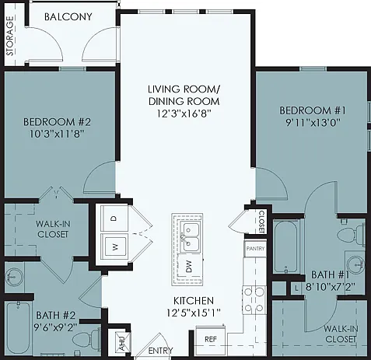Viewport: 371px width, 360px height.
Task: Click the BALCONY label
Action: tap(68, 17)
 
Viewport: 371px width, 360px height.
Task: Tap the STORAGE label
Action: tap(10, 36)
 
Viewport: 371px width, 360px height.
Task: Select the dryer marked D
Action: tap(114, 218)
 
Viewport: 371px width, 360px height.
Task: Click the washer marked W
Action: tap(114, 247)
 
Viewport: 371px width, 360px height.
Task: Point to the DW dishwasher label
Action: tap(190, 266)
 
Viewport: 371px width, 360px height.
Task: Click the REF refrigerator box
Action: tap(211, 339)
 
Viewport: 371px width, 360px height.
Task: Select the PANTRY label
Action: tap(255, 248)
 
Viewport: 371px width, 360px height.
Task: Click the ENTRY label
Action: tap(160, 351)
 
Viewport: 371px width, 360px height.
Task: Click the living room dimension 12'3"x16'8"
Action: tap(184, 114)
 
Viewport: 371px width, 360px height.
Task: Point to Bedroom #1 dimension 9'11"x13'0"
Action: tap(313, 122)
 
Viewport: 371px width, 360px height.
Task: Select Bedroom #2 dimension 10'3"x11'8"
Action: tap(57, 134)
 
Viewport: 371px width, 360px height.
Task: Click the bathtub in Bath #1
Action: tap(285, 246)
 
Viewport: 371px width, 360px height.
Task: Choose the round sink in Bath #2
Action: tap(14, 276)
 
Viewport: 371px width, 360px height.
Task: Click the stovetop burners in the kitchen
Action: tap(254, 300)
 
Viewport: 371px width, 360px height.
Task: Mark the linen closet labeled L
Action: tap(296, 288)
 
